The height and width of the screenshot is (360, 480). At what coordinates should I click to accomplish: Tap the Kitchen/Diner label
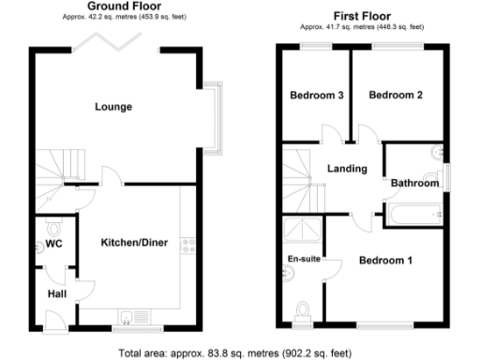click(134, 243)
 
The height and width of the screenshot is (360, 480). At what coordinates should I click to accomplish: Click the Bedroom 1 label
click(385, 260)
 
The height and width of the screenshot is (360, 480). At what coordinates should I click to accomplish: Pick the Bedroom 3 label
click(316, 95)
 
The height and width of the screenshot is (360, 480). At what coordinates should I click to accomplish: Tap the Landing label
click(346, 169)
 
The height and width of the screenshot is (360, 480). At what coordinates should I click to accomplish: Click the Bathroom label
click(414, 184)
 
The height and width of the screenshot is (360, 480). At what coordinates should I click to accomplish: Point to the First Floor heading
click(360, 16)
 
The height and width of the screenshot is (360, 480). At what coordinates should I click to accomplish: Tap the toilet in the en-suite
click(303, 310)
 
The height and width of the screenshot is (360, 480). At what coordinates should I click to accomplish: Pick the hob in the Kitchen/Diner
click(187, 247)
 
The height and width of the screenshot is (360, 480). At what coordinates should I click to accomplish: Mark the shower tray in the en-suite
click(303, 230)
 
